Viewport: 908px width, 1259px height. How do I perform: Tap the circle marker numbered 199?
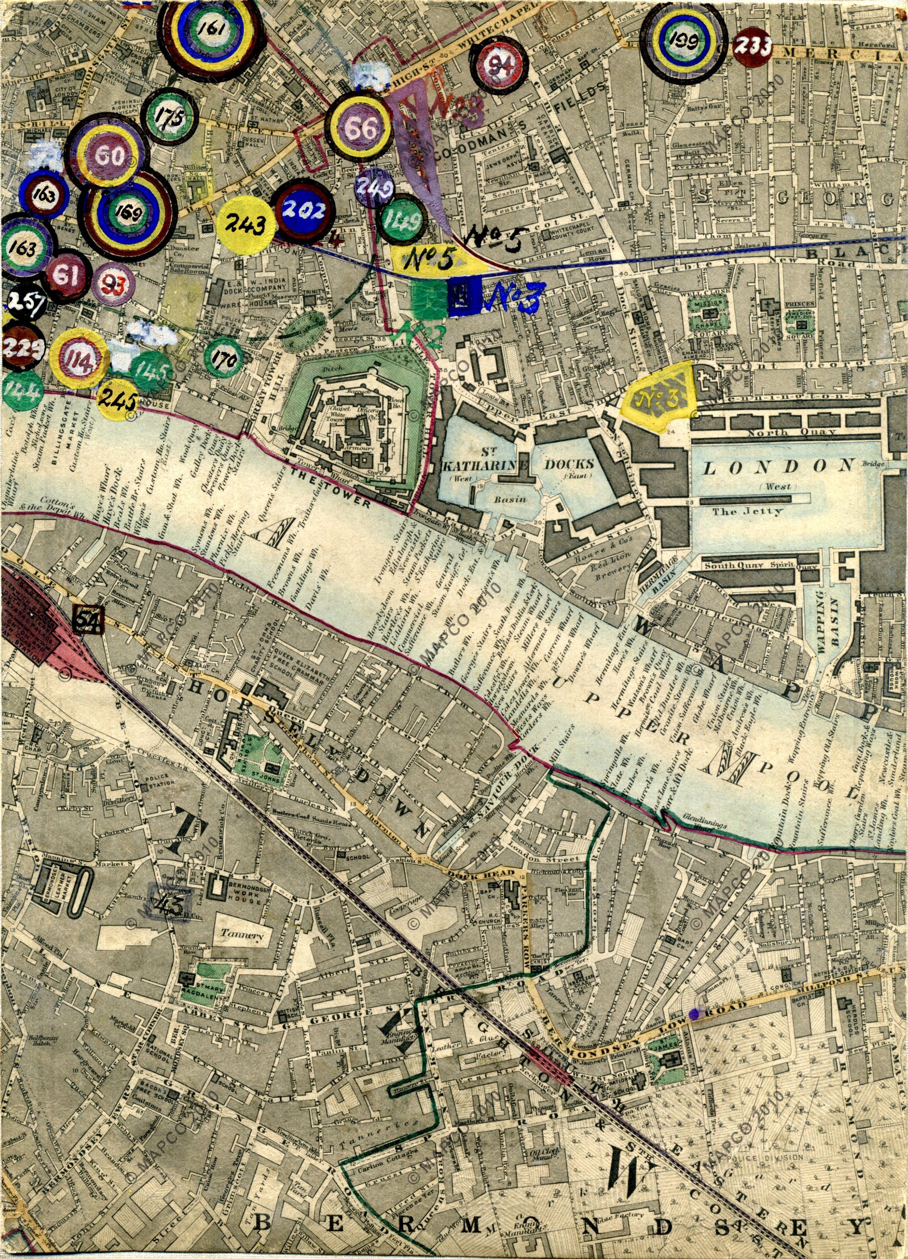682,40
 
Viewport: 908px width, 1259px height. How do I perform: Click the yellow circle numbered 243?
245,225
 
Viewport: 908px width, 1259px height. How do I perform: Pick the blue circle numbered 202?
304,211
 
